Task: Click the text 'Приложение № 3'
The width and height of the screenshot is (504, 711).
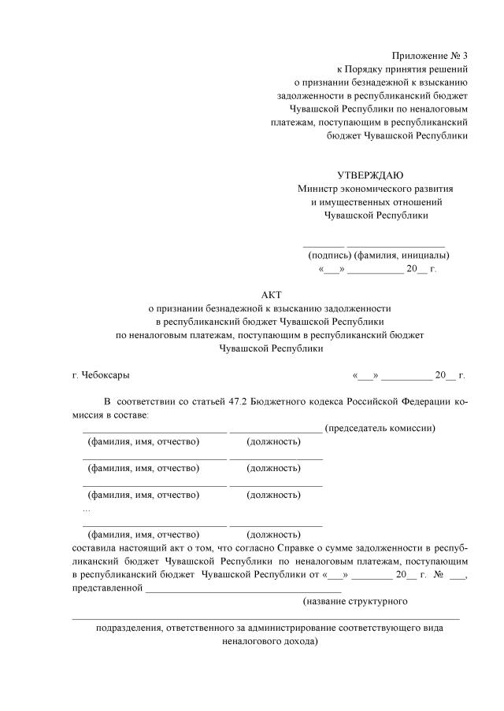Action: (429, 55)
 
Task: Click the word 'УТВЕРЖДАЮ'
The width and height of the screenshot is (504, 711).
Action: (370, 174)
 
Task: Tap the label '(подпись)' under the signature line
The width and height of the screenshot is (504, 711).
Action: (329, 255)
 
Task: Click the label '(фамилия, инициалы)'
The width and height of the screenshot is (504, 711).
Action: (402, 255)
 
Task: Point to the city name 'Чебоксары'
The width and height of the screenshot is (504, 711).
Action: (106, 375)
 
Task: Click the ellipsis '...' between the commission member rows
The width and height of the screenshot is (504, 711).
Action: (86, 509)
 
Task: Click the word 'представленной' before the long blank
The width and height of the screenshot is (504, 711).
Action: (107, 588)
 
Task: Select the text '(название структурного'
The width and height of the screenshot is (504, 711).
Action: (354, 602)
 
